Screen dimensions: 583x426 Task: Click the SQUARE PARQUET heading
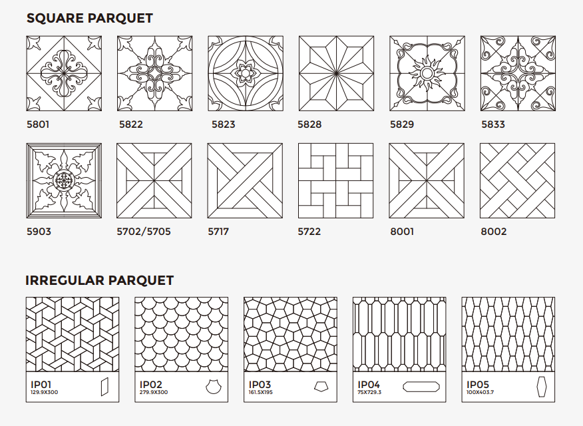point(90,18)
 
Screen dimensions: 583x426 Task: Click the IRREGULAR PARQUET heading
point(100,280)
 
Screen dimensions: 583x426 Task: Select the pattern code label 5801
point(38,124)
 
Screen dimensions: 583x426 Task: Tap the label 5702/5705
point(144,232)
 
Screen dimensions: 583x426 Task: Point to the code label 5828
point(309,124)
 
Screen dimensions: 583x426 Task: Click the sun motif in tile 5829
point(427,74)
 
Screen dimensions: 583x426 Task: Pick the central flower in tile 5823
point(246,73)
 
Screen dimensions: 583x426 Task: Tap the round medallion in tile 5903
point(64,180)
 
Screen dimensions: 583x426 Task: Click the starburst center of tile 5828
point(336,73)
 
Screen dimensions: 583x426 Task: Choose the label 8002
point(493,232)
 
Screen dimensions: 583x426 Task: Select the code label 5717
point(218,232)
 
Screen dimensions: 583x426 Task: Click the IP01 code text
point(41,384)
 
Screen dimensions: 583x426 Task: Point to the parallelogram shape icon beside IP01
point(105,387)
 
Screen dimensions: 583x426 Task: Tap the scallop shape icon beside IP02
point(214,387)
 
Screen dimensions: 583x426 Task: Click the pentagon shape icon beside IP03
point(321,387)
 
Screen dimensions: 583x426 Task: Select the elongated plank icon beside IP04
point(421,387)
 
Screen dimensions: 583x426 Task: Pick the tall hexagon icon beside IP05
point(542,387)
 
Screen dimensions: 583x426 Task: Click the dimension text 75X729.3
point(369,392)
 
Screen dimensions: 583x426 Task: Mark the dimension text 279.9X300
point(154,392)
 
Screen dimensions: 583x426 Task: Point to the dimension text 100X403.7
point(480,392)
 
